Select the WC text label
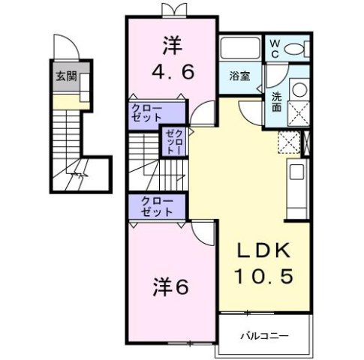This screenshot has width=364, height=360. tap(275, 48)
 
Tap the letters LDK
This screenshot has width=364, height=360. tap(264, 251)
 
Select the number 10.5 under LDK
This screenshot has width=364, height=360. tap(264, 277)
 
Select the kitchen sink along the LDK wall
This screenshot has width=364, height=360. tap(295, 172)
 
